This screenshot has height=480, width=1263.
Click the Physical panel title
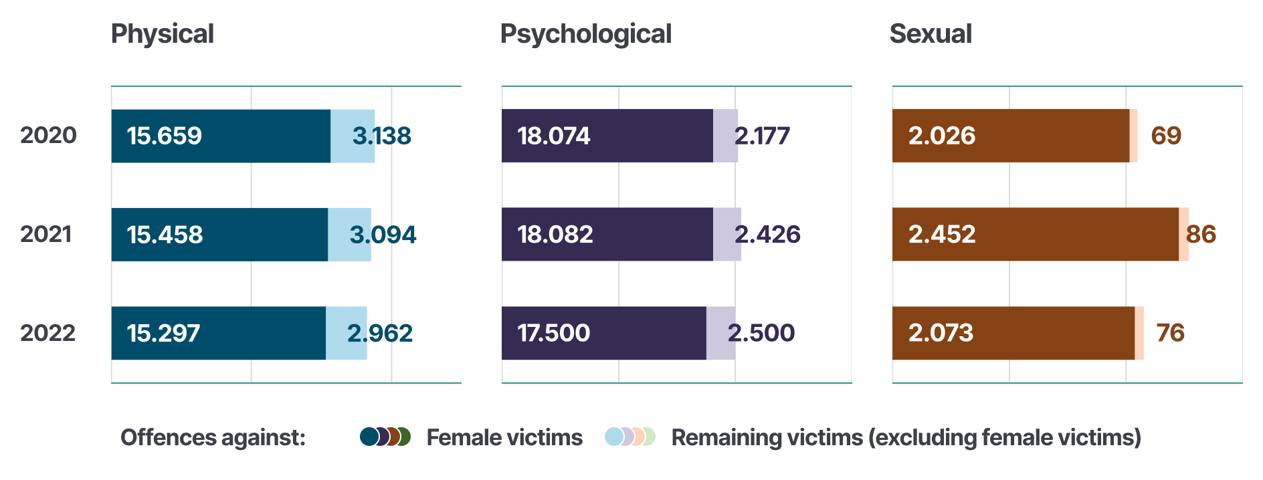162,34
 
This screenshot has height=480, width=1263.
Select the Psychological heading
585,34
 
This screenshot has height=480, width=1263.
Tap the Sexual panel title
930,34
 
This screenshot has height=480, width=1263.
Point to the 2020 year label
48,135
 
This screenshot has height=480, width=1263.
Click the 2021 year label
46,234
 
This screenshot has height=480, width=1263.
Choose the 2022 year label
47,332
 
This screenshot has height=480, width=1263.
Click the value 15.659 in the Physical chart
165,136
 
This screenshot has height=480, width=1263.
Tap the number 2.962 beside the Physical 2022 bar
380,333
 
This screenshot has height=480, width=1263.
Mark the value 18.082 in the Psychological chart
555,234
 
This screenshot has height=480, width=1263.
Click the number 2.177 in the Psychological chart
762,136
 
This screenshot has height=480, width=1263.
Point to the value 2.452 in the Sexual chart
941,234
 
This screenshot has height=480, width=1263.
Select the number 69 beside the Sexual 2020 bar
1166,136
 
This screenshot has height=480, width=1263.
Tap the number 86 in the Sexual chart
1201,234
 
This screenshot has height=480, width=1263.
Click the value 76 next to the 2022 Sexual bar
1170,332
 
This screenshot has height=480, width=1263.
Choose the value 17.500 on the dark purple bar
553,333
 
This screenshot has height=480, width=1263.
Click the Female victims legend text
504,437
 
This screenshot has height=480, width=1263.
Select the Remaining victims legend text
906,437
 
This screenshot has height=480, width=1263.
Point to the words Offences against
213,437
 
